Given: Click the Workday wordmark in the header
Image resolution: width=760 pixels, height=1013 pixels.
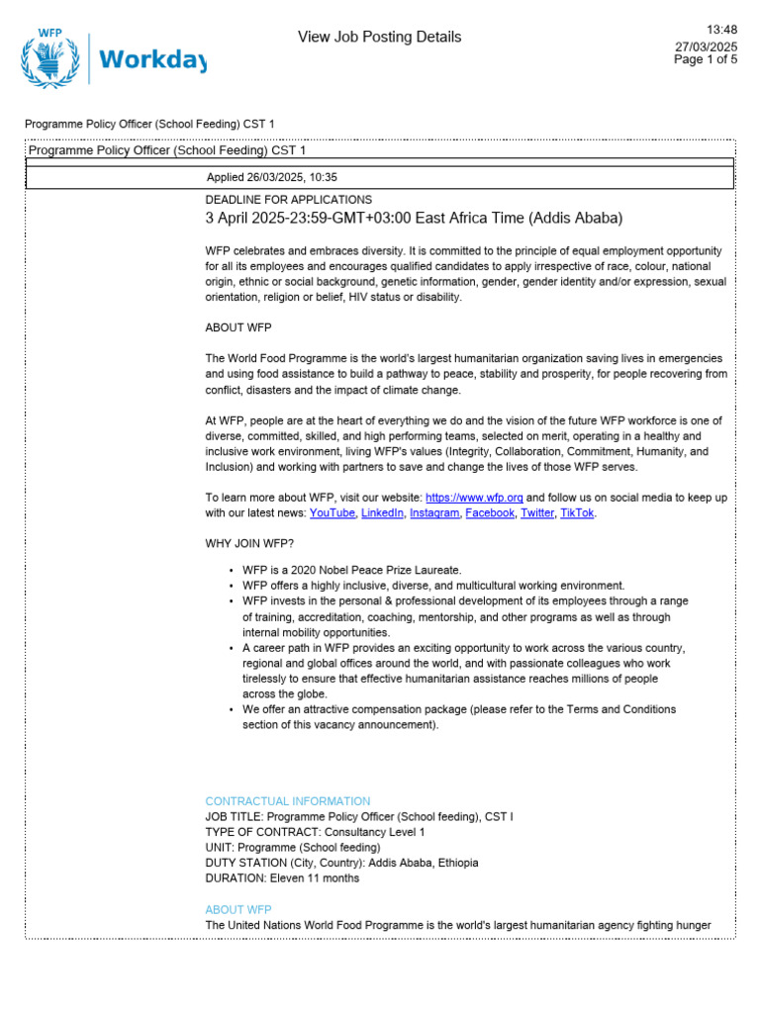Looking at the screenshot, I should tap(152, 61).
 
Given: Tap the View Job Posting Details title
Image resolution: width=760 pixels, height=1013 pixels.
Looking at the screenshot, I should tap(379, 38).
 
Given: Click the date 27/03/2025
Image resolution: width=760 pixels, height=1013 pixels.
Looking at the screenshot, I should tap(706, 46).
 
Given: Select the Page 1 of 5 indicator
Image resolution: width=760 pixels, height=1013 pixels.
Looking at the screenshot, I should tap(706, 59).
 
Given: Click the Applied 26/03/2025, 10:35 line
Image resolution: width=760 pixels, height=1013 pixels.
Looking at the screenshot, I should tap(271, 178).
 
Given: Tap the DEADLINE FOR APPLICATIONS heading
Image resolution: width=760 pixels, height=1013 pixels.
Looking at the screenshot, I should tap(288, 200).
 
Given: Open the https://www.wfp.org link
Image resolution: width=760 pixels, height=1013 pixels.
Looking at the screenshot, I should tap(474, 498).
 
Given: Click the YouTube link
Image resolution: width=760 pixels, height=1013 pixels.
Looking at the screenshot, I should tap(332, 513).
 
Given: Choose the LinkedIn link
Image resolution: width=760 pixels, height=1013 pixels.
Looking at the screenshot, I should tap(382, 513).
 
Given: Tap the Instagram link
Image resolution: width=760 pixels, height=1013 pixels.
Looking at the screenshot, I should tap(434, 513).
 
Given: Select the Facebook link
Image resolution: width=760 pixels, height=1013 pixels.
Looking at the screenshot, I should tap(490, 513).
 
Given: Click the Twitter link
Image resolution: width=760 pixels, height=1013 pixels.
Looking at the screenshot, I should tap(537, 513).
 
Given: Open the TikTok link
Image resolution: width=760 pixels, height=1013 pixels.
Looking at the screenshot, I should tap(577, 513).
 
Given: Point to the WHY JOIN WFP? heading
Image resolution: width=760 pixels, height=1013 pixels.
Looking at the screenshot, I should tap(249, 544).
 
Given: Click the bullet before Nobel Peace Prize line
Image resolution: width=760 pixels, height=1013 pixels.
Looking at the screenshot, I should tap(231, 571).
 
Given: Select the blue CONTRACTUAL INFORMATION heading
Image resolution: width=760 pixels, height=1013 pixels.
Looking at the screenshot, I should tap(287, 801).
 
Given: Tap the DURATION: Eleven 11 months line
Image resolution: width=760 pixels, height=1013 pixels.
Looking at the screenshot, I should tap(282, 878).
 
